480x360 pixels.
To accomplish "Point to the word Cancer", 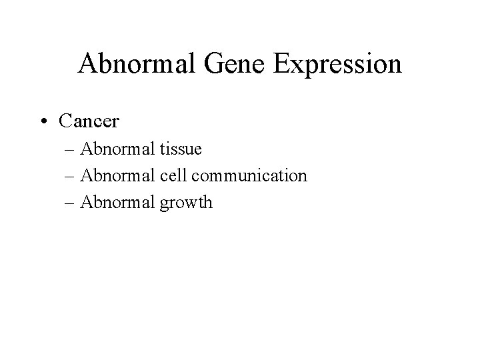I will pos(89,121).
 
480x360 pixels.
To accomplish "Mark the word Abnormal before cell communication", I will pos(115,176).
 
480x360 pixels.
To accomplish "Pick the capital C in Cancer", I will pos(65,121).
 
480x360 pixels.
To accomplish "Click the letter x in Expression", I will pos(297,67).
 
